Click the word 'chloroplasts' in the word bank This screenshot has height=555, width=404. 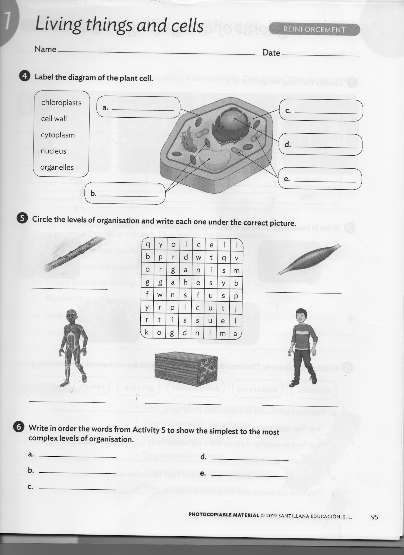coord(61,103)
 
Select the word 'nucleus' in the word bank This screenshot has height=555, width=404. coord(53,151)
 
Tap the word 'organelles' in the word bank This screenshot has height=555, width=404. coord(57,167)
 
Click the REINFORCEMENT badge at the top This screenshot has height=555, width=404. coord(314,30)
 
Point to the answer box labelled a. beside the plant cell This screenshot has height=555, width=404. coord(138,107)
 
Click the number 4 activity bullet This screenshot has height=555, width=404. coord(25,76)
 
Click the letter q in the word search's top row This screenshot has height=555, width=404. coord(148,244)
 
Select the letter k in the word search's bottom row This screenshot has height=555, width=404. coord(147,332)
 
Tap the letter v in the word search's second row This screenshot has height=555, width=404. coord(236,258)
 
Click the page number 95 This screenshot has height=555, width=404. coord(374,517)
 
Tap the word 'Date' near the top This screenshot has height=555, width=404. coord(271,53)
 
